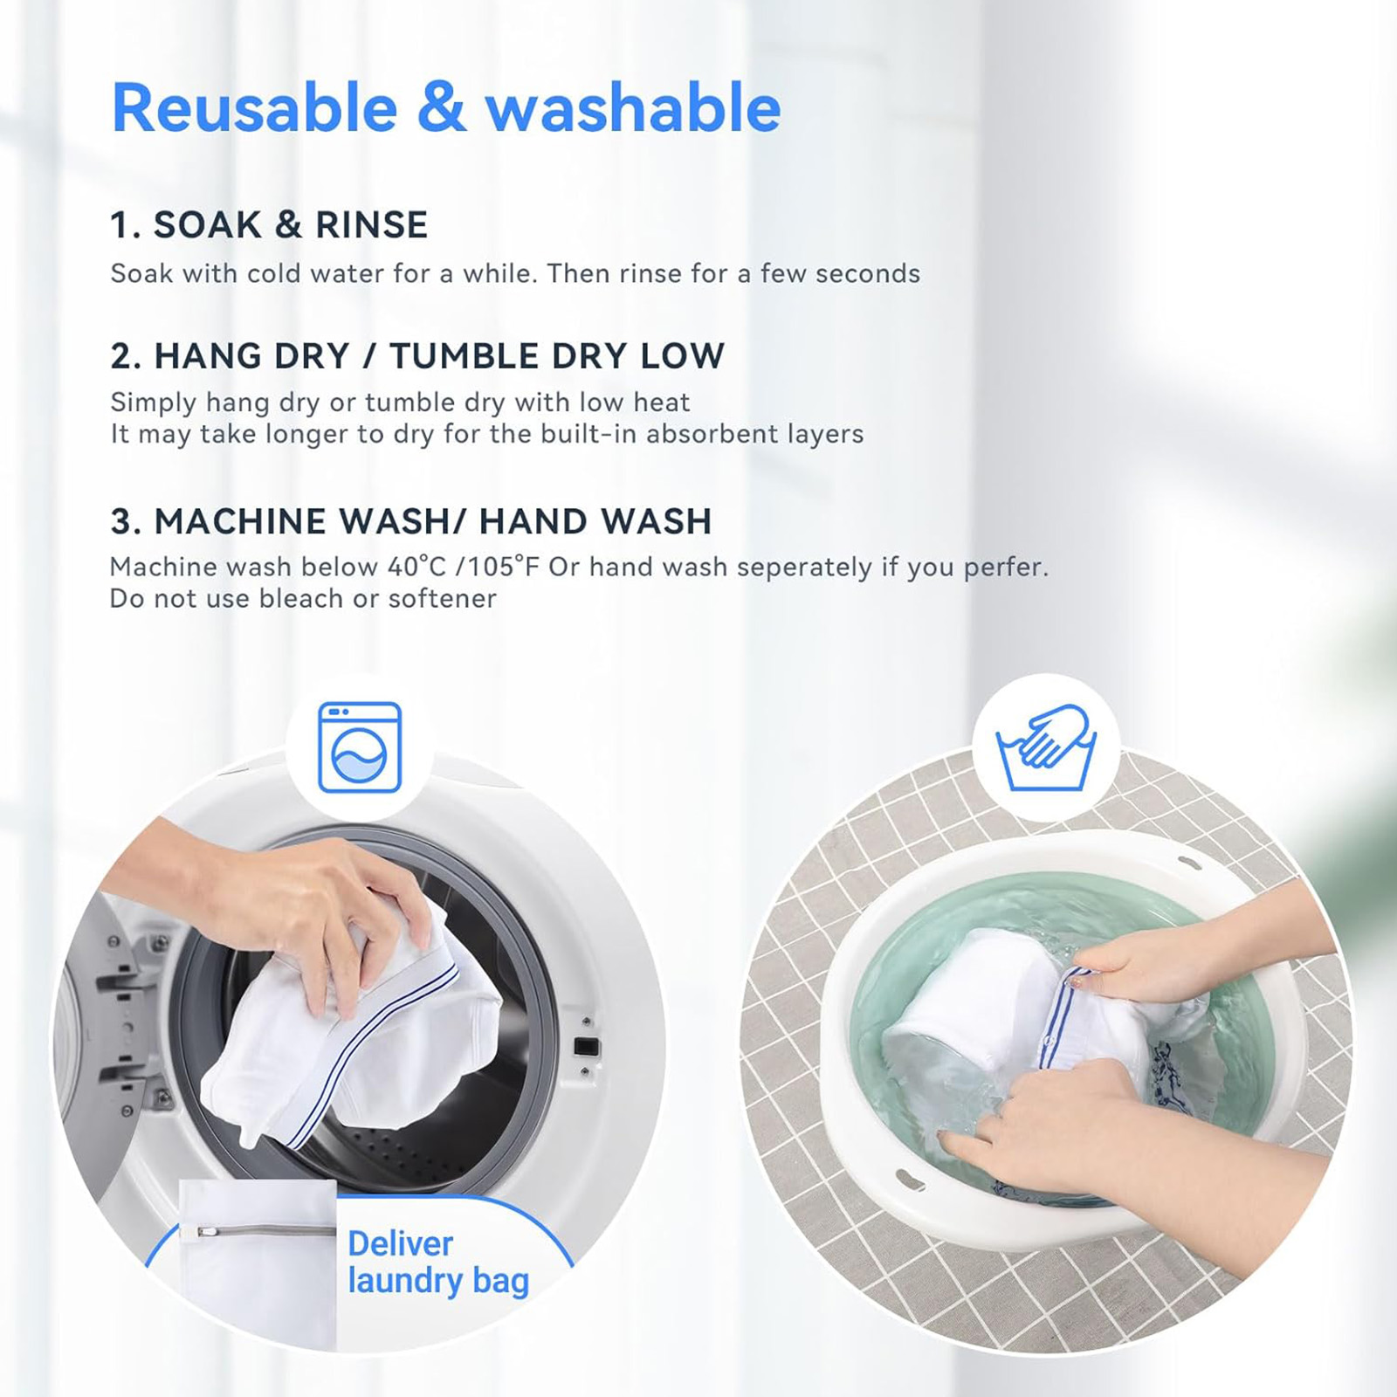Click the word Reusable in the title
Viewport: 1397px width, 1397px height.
(254, 108)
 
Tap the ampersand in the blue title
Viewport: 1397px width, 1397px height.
(441, 108)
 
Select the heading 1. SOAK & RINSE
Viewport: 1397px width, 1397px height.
(269, 225)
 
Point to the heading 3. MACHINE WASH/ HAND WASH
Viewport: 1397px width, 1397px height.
(410, 521)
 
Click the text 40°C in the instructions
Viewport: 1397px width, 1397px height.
(417, 568)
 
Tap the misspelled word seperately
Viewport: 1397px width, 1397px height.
(803, 568)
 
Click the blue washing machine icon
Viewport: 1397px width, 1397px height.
(360, 747)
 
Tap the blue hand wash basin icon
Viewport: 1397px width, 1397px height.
(1046, 747)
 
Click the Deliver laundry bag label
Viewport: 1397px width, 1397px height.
(438, 1262)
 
